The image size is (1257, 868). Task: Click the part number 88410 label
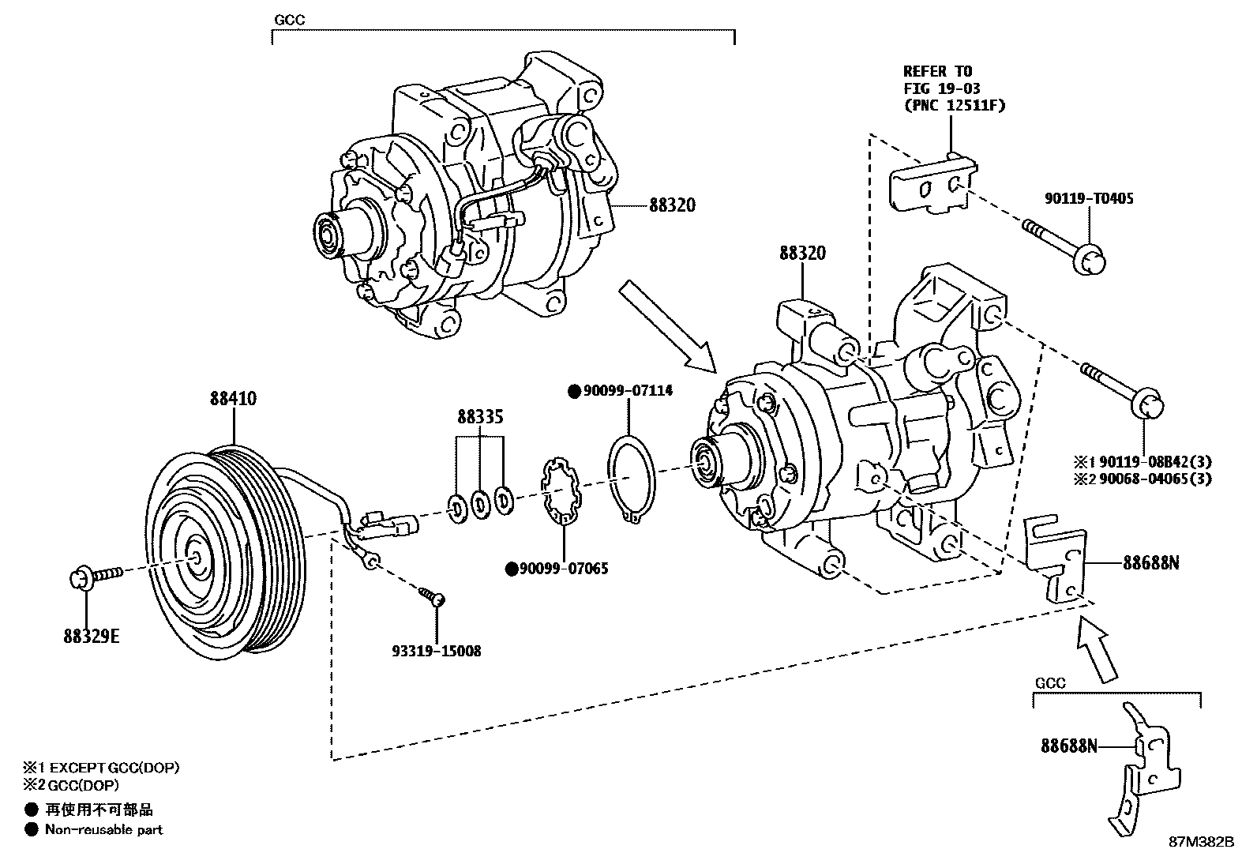(x=233, y=399)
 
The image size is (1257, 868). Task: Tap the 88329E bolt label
(x=92, y=636)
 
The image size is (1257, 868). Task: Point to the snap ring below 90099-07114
(x=629, y=477)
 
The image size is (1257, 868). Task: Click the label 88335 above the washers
(x=480, y=416)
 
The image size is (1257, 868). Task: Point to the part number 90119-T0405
(x=1088, y=199)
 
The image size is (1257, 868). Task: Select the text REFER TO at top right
(x=937, y=72)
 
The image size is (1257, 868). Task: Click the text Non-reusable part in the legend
(x=103, y=830)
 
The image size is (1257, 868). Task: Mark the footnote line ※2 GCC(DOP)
(x=72, y=785)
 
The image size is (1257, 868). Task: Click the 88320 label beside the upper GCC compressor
(x=672, y=205)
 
